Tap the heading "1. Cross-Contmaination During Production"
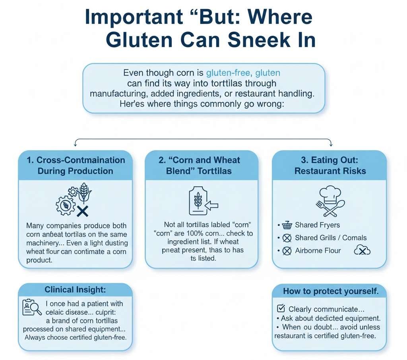pyautogui.click(x=76, y=165)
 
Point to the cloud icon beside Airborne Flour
pyautogui.click(x=362, y=250)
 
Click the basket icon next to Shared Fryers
pyautogui.click(x=287, y=226)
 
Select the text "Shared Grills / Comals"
pyautogui.click(x=331, y=238)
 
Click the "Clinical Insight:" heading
pyautogui.click(x=76, y=290)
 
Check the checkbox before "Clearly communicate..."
pyautogui.click(x=280, y=309)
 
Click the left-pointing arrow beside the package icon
pyautogui.click(x=213, y=205)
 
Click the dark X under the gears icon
pyautogui.click(x=82, y=211)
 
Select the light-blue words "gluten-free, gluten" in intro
pyautogui.click(x=243, y=73)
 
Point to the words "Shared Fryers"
pyautogui.click(x=318, y=226)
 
